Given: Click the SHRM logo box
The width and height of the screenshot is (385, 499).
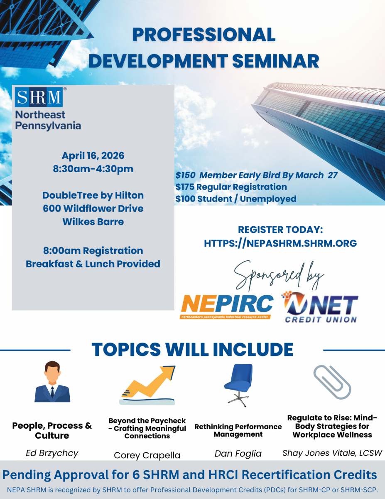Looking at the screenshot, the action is (x=39, y=97).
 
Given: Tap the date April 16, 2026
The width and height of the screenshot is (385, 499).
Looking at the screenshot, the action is (x=93, y=156).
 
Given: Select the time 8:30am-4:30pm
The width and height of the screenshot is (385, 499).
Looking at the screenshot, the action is (x=93, y=169).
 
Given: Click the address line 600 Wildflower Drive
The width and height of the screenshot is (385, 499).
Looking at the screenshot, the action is (x=93, y=208).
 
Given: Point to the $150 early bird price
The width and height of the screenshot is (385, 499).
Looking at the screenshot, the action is (x=185, y=175).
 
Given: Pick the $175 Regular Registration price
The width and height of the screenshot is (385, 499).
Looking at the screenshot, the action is (x=231, y=187).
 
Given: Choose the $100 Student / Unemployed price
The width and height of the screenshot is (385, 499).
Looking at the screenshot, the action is (x=236, y=199).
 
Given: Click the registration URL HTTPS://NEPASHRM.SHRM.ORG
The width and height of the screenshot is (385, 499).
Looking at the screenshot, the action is (x=280, y=243).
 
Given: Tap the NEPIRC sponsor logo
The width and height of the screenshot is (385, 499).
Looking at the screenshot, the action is (x=226, y=306).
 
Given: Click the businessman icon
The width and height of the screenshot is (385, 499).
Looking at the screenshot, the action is (x=52, y=382).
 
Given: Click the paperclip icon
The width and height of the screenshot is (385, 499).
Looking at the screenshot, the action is (x=332, y=383).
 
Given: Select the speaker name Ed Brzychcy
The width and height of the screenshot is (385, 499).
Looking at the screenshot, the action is (x=52, y=453).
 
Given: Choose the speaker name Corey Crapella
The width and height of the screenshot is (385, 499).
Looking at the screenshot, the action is (x=147, y=455).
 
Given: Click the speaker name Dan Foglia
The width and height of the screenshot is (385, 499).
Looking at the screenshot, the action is (x=238, y=454).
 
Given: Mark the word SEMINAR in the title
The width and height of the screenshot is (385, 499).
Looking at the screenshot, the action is (x=276, y=61).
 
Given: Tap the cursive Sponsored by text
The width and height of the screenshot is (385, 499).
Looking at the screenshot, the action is (x=279, y=276).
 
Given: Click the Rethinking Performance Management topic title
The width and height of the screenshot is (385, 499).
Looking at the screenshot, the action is (x=238, y=430).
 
